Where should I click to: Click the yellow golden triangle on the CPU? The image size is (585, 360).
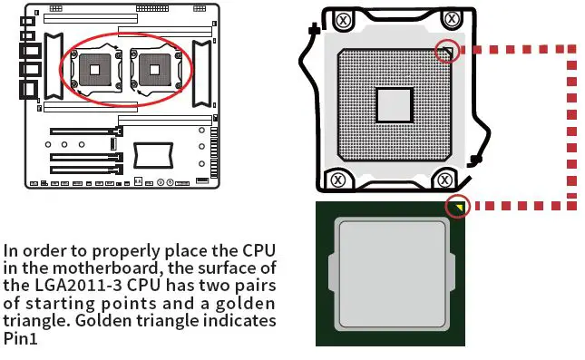point(459,207)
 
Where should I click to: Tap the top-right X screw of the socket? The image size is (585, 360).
point(451,19)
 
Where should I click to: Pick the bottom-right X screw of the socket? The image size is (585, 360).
point(444,180)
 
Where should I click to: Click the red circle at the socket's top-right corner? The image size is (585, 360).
point(444,51)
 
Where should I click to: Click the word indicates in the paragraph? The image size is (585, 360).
point(237,321)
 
